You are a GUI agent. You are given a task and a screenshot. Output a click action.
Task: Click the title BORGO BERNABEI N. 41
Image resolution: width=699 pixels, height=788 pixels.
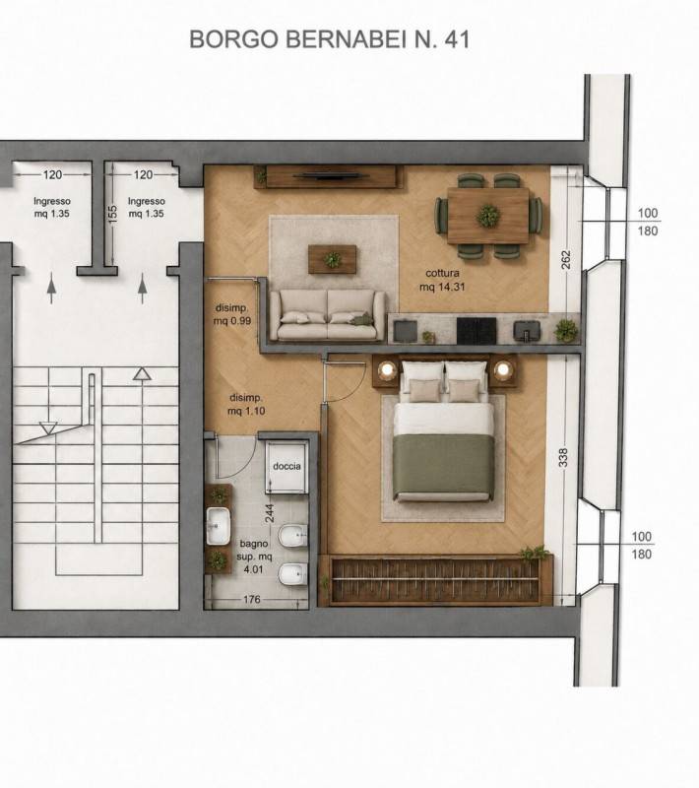click(330, 39)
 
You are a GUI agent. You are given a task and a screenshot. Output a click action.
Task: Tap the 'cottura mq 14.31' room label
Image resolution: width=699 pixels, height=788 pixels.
click(442, 280)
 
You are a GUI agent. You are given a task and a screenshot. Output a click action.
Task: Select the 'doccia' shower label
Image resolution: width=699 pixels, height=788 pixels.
click(286, 466)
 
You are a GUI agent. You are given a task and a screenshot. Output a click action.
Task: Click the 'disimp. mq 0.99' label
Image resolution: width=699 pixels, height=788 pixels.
click(231, 314)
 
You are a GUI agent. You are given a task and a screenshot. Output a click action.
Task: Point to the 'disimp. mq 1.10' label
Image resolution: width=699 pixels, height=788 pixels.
click(246, 404)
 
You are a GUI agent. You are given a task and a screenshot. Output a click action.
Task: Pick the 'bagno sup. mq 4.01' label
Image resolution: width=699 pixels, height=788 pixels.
click(254, 557)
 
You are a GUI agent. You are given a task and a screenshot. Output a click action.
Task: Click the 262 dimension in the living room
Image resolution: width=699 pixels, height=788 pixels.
click(565, 259)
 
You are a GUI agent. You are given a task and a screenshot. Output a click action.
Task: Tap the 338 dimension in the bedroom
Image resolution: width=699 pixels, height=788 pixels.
click(563, 457)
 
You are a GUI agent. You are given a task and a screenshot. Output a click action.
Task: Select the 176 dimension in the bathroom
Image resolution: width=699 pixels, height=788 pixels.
click(252, 599)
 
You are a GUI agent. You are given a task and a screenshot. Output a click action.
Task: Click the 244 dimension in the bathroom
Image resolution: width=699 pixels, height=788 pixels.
click(269, 513)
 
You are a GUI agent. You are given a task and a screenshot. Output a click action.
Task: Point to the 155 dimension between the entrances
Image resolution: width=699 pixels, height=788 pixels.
click(113, 214)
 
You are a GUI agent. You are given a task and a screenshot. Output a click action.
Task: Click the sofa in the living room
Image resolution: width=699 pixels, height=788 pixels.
click(328, 315)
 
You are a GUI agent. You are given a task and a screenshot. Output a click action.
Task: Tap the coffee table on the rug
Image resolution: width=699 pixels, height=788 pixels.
click(333, 259)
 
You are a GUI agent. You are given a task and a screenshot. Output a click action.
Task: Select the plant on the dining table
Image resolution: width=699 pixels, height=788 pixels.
click(488, 216)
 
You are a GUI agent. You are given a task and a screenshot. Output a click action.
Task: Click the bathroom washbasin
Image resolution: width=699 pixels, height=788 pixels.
click(218, 526)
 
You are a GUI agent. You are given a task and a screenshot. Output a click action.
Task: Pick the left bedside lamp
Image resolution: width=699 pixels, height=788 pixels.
click(387, 370)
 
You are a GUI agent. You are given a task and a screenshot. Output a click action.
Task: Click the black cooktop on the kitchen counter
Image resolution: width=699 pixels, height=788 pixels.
click(477, 331)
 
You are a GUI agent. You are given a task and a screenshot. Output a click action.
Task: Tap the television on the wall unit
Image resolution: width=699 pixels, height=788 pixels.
click(332, 176)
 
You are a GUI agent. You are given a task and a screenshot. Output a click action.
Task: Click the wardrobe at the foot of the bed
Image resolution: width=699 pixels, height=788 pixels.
click(436, 580)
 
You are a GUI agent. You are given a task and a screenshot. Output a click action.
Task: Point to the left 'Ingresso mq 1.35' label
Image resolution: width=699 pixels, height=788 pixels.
click(52, 207)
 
